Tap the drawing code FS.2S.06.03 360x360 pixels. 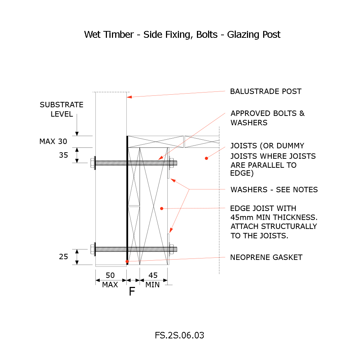(180, 335)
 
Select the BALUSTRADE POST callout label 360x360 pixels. (266, 91)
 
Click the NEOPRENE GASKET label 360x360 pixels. (266, 257)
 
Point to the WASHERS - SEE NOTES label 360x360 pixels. (274, 190)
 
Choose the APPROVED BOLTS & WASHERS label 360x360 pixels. (267, 118)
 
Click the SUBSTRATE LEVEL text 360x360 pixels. (62, 109)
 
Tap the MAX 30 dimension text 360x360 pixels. (53, 141)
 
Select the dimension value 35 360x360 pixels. (63, 155)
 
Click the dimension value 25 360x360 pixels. (63, 257)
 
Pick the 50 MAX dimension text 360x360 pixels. (110, 280)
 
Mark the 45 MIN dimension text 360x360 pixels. (153, 280)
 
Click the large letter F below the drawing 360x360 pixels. (132, 292)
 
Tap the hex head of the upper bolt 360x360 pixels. (93, 163)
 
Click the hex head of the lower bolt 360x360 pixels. (93, 249)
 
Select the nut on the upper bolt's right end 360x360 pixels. (171, 163)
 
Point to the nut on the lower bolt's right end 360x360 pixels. (171, 249)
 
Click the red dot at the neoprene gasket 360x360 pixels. (127, 261)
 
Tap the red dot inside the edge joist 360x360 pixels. (162, 208)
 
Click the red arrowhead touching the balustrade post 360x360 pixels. (129, 97)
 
